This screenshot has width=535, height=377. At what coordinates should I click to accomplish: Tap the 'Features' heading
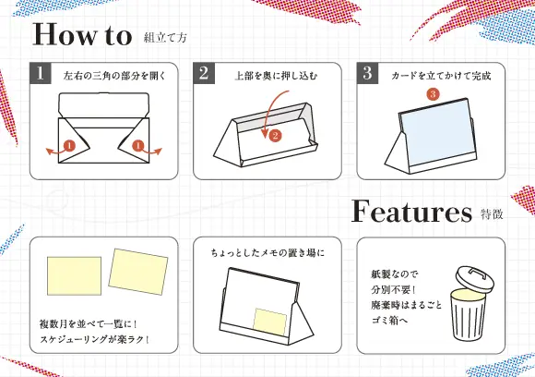pos(410,213)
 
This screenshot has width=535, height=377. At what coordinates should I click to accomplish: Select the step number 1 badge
pos(40,75)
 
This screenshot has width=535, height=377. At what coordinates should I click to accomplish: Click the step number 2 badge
pos(203,75)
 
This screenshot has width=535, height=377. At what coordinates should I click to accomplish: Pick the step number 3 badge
pos(366,75)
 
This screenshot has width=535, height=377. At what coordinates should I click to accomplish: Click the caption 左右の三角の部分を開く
pos(113,76)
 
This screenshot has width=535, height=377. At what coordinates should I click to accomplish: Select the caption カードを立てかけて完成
pos(440,76)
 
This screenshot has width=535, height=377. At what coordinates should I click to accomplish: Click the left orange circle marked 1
pos(69,145)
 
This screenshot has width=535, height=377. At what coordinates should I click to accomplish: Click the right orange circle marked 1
pos(137,145)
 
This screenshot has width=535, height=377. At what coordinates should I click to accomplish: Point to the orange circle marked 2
pos(275,136)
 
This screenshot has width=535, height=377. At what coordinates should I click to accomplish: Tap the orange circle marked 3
pos(433,95)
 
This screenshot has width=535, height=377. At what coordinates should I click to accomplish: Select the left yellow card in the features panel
pos(73,274)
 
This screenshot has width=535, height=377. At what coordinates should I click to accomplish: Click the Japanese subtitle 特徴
pos(493,215)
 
